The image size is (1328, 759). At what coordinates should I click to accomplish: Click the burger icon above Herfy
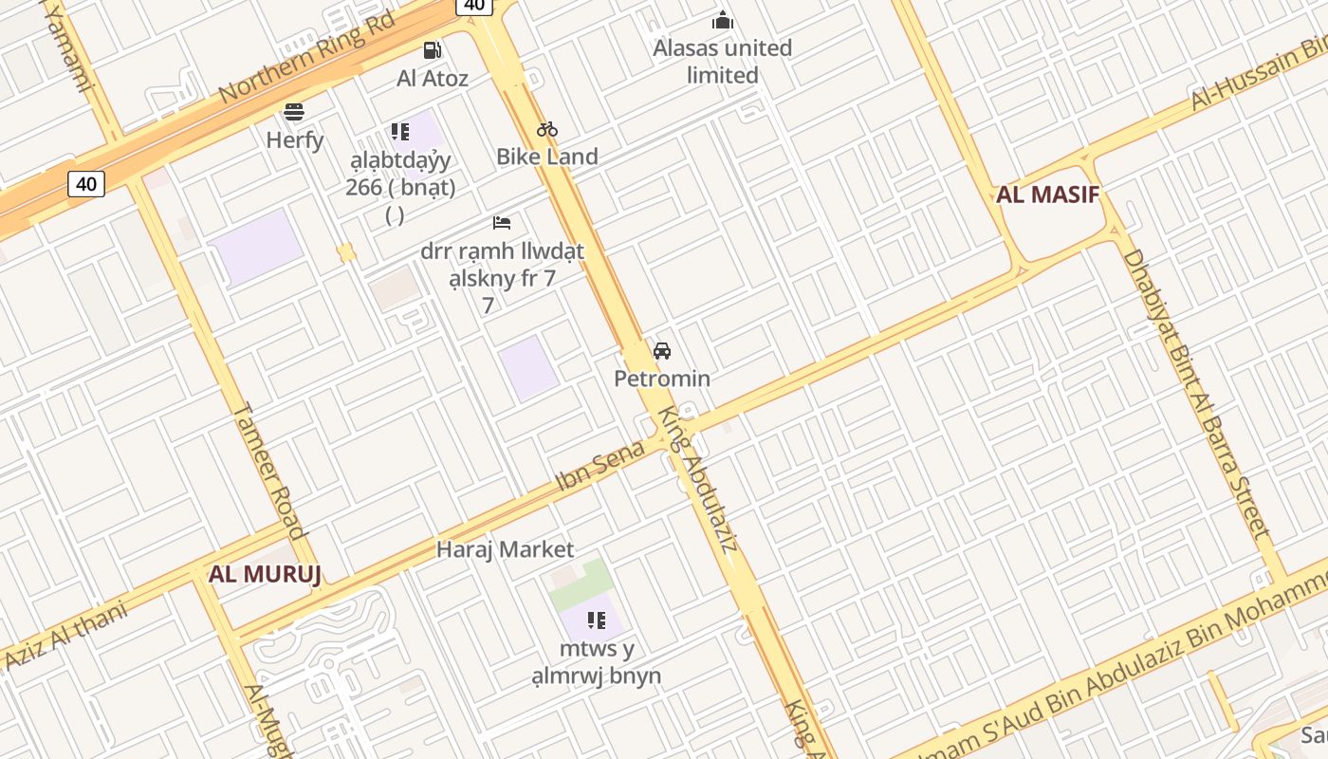coord(294,112)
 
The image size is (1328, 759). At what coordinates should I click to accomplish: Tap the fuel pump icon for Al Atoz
coord(433,50)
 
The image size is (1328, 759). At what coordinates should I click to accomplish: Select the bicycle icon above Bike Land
coord(547,129)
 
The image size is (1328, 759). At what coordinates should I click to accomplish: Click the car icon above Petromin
coord(662,351)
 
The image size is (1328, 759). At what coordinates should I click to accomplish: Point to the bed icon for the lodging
coord(502,223)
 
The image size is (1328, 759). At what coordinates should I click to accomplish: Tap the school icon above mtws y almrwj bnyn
coord(597,620)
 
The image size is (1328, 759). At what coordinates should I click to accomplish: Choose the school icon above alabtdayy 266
coord(399,132)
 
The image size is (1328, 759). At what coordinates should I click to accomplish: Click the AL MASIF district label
coord(1047,195)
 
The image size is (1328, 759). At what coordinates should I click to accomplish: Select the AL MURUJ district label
coord(265,573)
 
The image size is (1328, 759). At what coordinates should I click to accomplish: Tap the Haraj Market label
coord(505,549)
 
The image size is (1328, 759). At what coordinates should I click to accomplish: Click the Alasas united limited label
coord(722,61)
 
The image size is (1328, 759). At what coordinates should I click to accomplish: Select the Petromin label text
coord(662,379)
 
